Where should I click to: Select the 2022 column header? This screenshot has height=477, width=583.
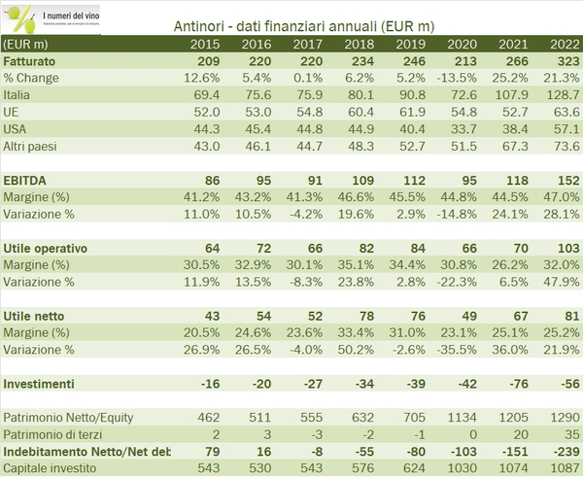[x=557, y=45]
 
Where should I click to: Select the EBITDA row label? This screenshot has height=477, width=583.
[x=26, y=180]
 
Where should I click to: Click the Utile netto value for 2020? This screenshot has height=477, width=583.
[x=463, y=316]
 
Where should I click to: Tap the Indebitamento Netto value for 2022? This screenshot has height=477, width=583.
[x=557, y=452]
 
